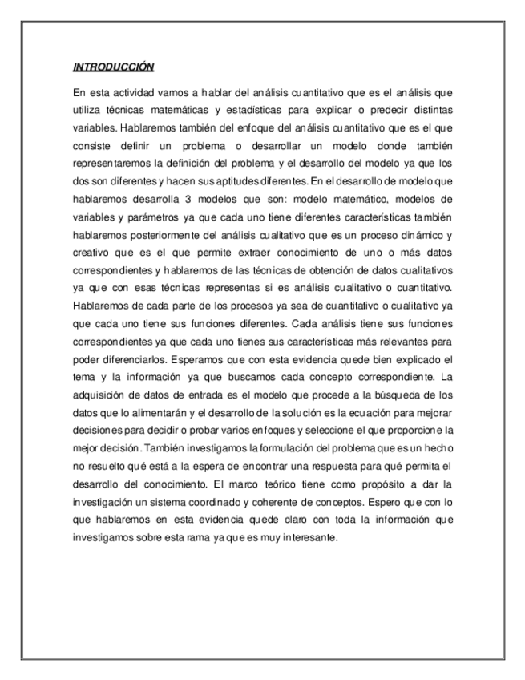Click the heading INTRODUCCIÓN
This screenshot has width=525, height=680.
coord(113,67)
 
